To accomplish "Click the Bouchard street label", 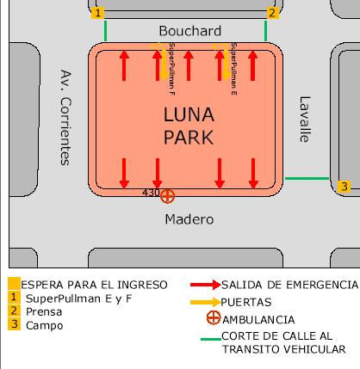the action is pos(190,31).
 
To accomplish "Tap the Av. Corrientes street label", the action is pos(65,117).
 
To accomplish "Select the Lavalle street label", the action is pos(305,120).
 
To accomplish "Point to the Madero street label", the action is pos(189,219).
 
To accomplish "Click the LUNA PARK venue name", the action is pos(189,126).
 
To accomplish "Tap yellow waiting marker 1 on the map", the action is pos(97,13).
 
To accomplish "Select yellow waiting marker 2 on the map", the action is pos(272,13).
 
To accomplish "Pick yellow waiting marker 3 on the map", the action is pos(344,187).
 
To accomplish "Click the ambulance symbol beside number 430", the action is pos(167,196).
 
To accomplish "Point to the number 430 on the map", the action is pos(151,193).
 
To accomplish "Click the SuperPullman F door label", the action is pos(172,69).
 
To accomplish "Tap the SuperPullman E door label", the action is pos(234,69).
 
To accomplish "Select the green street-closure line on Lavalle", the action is pos(307,178).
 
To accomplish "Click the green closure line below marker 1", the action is pos(106,31).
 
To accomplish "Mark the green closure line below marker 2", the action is pos(265,31).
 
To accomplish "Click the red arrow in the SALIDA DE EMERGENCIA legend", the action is pos(206,285).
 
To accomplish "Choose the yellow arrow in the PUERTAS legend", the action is pos(205,302).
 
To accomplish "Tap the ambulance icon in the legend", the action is pos(214,317).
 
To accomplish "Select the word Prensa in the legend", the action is pos(44,312).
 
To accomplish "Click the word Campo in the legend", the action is pos(45,326).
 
